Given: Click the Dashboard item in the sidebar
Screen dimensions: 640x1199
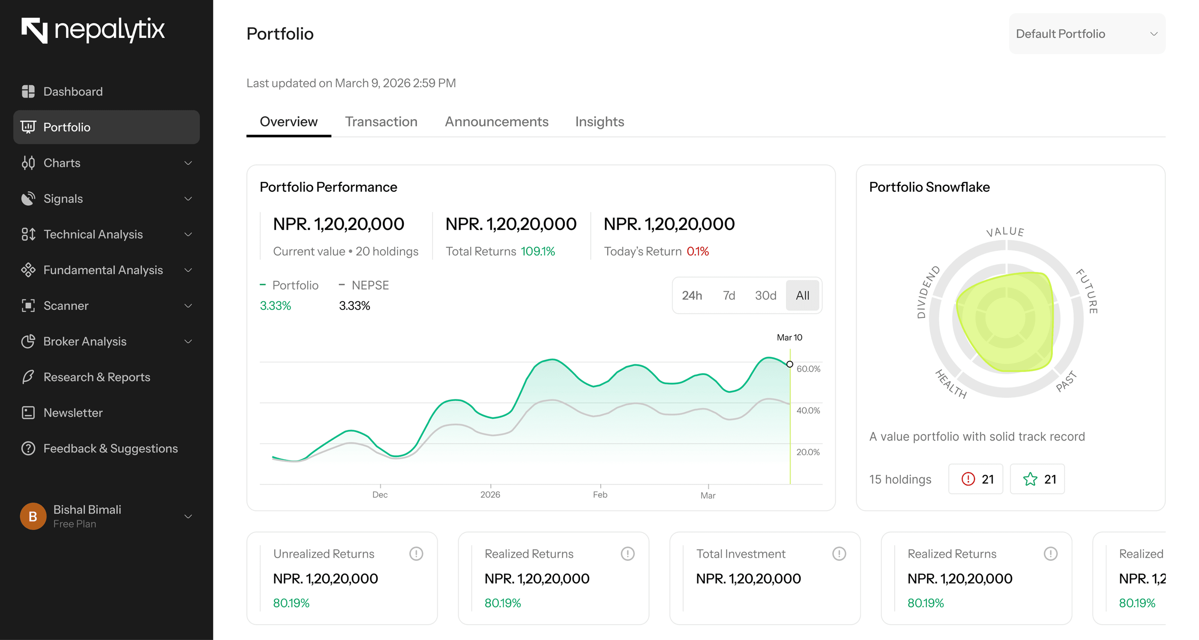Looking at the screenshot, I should (73, 92).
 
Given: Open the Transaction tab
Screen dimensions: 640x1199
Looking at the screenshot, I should (381, 122).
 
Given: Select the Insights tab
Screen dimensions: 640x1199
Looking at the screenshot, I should (599, 122).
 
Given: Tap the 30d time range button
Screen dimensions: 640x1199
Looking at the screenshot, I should (765, 295).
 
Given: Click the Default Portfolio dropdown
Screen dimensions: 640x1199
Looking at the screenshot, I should (1086, 33).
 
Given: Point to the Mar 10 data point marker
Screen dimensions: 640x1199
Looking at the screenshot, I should (789, 364).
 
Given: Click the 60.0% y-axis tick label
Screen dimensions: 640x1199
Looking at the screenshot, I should (808, 369).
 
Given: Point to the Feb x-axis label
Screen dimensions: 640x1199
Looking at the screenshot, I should (600, 494).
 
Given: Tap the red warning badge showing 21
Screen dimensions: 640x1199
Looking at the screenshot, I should (976, 479).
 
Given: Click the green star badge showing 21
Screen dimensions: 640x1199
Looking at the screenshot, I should (1037, 479).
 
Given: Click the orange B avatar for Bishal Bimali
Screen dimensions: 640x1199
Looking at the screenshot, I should (33, 516).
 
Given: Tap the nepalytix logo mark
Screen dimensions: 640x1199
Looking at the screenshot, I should (35, 30).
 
